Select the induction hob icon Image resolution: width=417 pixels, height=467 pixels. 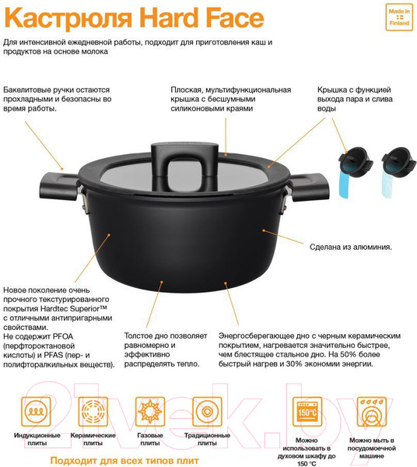pyautogui.click(x=35, y=410)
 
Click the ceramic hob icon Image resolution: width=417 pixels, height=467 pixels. pyautogui.click(x=93, y=410)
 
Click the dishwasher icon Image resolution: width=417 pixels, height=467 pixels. pyautogui.click(x=373, y=410)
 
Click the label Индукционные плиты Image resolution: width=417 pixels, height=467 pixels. pyautogui.click(x=35, y=440)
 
